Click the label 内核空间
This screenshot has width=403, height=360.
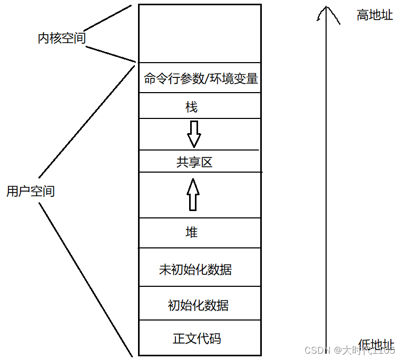[x=62, y=39]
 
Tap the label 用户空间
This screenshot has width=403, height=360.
[x=31, y=191]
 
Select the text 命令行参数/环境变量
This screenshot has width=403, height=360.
[x=201, y=79]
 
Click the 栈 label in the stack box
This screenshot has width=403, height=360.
[x=191, y=107]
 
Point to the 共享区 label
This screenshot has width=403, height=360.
[x=194, y=162]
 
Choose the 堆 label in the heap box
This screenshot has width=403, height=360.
[x=192, y=232]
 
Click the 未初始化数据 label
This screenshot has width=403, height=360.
[x=195, y=270]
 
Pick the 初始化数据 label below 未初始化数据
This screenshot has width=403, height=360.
[x=198, y=305]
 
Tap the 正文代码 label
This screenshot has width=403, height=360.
[x=197, y=338]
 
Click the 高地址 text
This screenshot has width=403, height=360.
[x=375, y=15]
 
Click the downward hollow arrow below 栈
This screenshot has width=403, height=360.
[x=194, y=134]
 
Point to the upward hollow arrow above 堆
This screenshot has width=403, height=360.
[x=193, y=194]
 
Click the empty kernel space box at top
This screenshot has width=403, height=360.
[x=200, y=33]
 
